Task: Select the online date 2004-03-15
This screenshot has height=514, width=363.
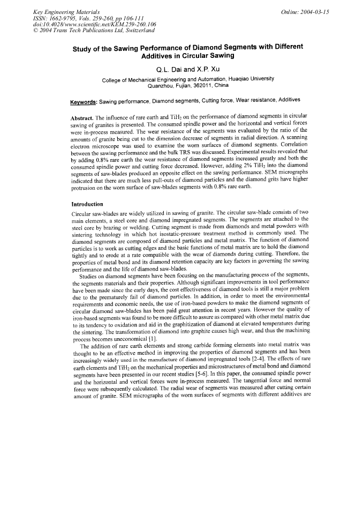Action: tap(305, 11)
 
